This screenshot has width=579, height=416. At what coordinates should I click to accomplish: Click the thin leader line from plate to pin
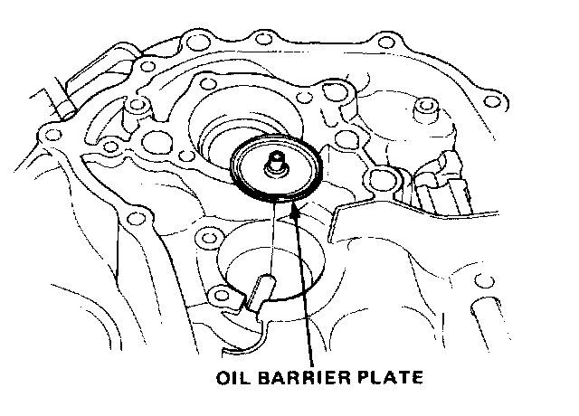point(271,240)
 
